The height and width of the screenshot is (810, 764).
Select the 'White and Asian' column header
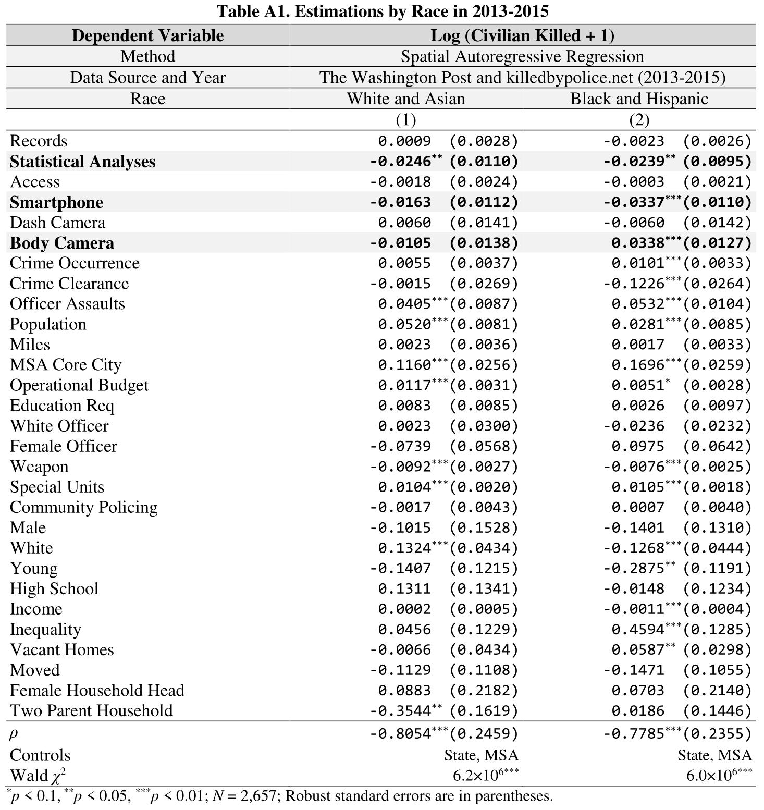pyautogui.click(x=405, y=99)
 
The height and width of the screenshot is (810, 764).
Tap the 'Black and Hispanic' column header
pyautogui.click(x=639, y=99)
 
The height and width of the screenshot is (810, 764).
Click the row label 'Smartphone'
pyautogui.click(x=56, y=202)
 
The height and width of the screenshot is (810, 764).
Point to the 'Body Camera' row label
pyautogui.click(x=61, y=243)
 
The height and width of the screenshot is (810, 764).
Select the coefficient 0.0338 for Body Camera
pyautogui.click(x=638, y=243)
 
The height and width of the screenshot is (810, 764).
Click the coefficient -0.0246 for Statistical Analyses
pyautogui.click(x=400, y=162)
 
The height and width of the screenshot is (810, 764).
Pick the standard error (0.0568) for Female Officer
pyautogui.click(x=484, y=446)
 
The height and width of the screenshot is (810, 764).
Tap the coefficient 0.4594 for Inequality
pyautogui.click(x=638, y=629)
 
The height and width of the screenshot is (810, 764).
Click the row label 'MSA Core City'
pyautogui.click(x=66, y=365)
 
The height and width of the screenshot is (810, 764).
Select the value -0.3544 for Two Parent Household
pyautogui.click(x=400, y=710)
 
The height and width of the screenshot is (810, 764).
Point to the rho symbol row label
pyautogui.click(x=14, y=734)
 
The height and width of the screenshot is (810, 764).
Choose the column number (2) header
pyautogui.click(x=639, y=120)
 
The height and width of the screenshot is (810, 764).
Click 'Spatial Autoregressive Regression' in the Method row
pyautogui.click(x=522, y=56)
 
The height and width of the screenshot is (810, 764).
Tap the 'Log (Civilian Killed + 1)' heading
pyautogui.click(x=522, y=35)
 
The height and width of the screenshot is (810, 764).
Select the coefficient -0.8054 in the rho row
pyautogui.click(x=400, y=734)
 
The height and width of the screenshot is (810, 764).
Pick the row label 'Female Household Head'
pyautogui.click(x=97, y=690)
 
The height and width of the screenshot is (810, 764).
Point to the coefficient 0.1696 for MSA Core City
pyautogui.click(x=638, y=365)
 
